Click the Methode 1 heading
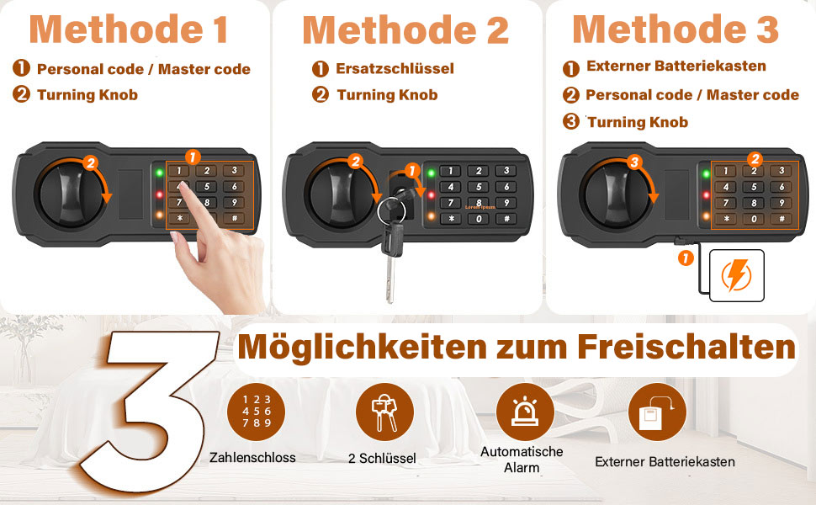[x=128, y=29]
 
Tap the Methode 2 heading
[x=405, y=30]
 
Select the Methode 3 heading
[x=675, y=29]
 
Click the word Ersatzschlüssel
[x=395, y=69]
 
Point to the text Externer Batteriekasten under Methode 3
[x=676, y=66]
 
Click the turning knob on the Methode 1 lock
[x=69, y=194]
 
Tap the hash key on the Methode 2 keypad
[x=506, y=219]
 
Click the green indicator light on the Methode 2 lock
[x=431, y=173]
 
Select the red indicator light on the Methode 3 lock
[x=706, y=195]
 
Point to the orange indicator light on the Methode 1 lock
[x=159, y=215]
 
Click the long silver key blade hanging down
[x=390, y=279]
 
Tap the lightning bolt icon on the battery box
[x=736, y=275]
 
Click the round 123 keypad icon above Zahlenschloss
[x=256, y=412]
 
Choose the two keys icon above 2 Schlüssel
[x=384, y=412]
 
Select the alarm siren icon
[x=525, y=412]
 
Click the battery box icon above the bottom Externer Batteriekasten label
[x=657, y=412]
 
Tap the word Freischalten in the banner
[x=686, y=347]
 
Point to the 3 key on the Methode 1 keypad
[x=234, y=170]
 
